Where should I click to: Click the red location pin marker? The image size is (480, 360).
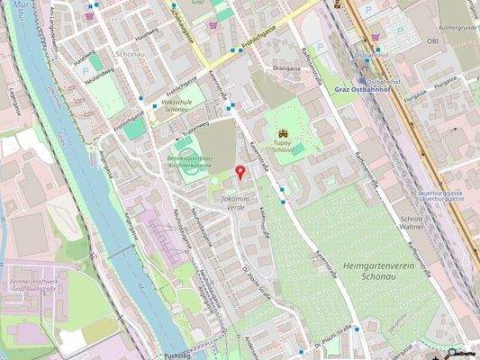click(240, 172)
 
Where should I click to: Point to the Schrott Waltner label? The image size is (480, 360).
click(412, 221)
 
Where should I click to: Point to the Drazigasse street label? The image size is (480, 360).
click(286, 67)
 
